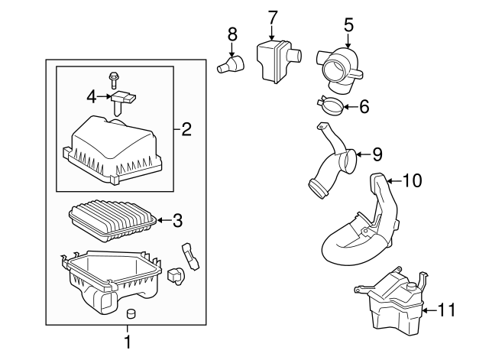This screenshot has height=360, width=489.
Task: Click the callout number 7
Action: click(272, 18)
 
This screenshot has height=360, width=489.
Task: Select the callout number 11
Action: click(446, 310)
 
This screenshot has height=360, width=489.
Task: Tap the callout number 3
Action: click(177, 220)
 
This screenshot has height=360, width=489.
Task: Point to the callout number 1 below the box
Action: click(128, 342)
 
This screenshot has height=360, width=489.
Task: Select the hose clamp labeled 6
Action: click(330, 106)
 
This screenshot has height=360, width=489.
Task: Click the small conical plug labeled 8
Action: click(231, 64)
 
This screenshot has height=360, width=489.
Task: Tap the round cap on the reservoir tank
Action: click(412, 286)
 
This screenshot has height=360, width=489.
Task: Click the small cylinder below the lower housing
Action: click(131, 313)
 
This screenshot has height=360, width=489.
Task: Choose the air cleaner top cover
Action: click(112, 150)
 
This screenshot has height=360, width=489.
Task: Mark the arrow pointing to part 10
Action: click(394, 180)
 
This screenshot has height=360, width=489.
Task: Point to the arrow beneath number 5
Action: click(348, 41)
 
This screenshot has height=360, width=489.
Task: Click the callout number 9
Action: click(377, 154)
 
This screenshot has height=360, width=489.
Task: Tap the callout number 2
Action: click(186, 129)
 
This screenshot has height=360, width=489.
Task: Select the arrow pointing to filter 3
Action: click(164, 220)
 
